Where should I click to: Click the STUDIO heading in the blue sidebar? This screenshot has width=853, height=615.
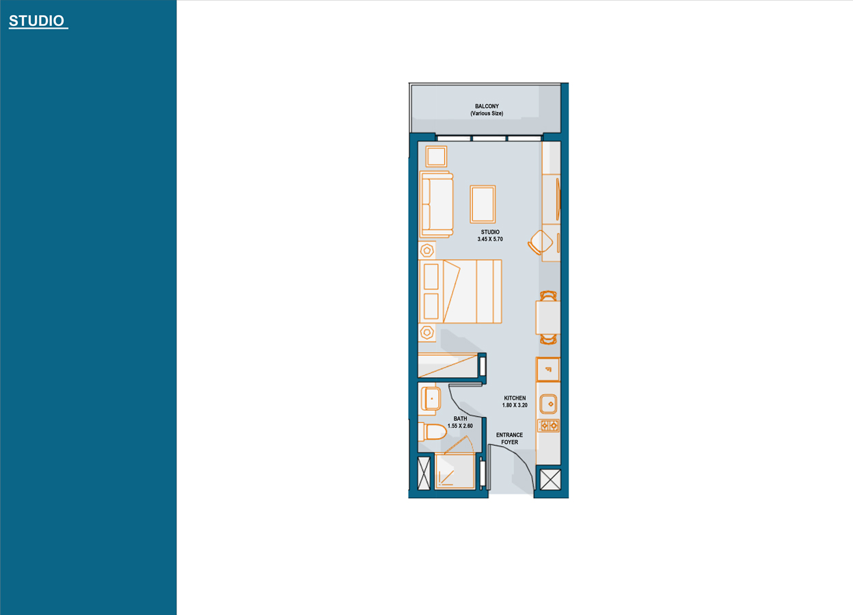[x=37, y=21]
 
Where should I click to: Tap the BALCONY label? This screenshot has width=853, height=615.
[x=487, y=107]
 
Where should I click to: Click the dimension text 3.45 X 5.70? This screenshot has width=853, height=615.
[x=490, y=240]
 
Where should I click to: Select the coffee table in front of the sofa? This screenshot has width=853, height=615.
[x=483, y=204]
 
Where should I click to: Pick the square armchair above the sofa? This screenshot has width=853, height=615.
[x=436, y=156]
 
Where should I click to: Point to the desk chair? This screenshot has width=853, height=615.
[x=541, y=242]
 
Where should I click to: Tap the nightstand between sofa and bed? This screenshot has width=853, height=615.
[x=428, y=250]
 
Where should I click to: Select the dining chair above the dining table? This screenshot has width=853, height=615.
[x=548, y=296]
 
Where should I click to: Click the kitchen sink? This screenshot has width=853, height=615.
[x=548, y=405]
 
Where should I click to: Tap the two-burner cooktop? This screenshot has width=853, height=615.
[x=548, y=426]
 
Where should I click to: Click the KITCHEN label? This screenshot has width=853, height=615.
[x=515, y=398]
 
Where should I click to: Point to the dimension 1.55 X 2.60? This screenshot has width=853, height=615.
[x=460, y=426]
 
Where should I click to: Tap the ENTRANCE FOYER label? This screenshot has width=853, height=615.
[x=509, y=439]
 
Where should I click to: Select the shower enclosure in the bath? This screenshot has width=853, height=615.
[x=455, y=471]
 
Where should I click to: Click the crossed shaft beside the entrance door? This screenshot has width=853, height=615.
[x=550, y=478]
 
